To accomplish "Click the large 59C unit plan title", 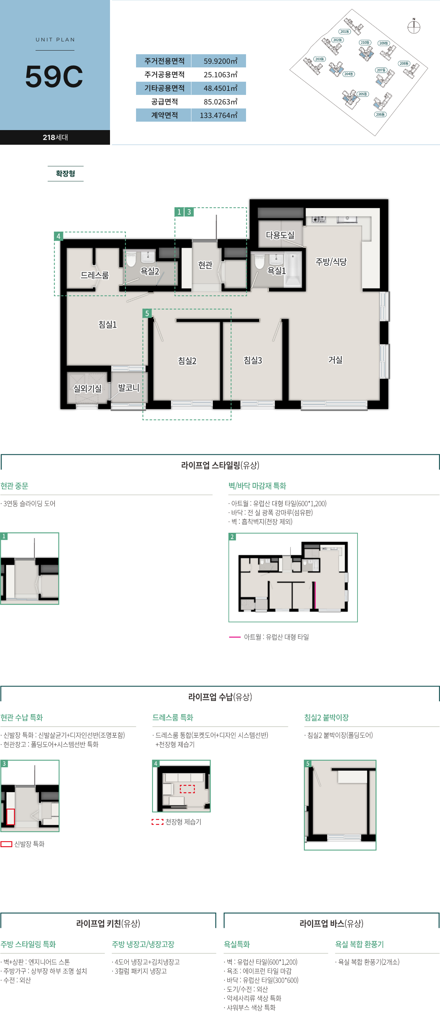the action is point(54,76).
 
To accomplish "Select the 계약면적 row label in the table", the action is point(164,115).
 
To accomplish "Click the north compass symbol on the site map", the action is point(414,27).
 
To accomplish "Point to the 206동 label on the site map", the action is point(380,114).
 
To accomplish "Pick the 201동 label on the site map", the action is point(344,32).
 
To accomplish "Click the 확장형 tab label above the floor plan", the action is point(66,174).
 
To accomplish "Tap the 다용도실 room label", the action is point(280,235).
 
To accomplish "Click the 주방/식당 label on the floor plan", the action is point(331,262).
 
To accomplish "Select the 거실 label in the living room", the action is point(335,360).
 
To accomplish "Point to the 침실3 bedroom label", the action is point(253,360).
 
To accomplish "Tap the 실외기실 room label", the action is point(88,388).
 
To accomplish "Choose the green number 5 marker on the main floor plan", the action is point(147,313).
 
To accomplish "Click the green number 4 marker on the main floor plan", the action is point(58,236).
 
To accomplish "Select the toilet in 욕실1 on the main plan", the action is point(259,261).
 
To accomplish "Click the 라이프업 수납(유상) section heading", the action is point(220,697).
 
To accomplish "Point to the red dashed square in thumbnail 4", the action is point(187,789).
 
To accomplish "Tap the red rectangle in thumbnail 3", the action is point(10,816).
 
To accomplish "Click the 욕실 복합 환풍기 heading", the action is point(359,944).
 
